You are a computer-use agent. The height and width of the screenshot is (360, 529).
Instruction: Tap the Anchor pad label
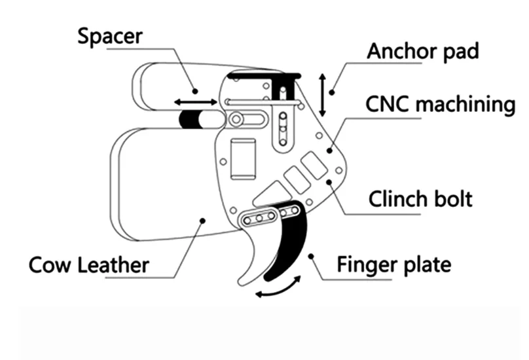click(423, 51)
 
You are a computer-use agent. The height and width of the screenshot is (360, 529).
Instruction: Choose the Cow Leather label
click(90, 265)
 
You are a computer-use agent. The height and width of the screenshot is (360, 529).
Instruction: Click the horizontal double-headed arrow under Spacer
click(196, 102)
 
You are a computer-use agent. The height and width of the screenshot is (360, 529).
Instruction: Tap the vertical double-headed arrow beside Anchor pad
click(322, 92)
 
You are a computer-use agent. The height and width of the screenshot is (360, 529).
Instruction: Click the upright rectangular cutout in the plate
click(244, 159)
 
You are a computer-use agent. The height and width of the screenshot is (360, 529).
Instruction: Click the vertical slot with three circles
click(283, 128)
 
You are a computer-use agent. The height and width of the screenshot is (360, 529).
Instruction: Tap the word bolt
click(452, 198)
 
